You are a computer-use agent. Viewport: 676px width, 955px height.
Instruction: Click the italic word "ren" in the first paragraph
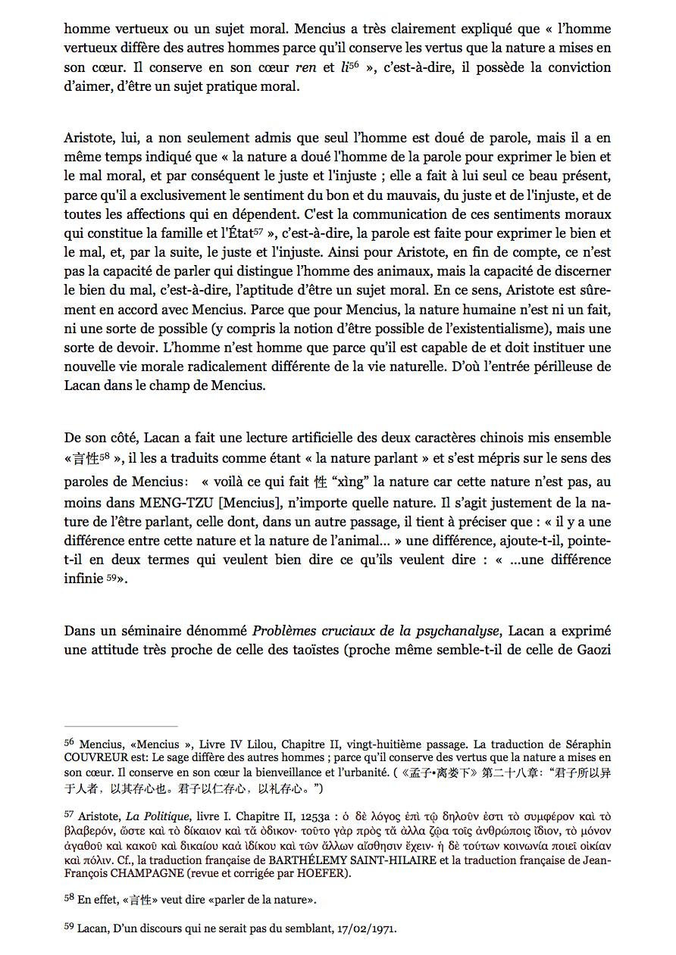(x=305, y=67)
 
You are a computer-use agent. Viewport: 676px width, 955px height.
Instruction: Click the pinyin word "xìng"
(x=349, y=482)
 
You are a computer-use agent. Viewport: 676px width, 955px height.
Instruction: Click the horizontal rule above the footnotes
(x=120, y=726)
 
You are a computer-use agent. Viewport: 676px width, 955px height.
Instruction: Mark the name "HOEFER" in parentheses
(x=328, y=873)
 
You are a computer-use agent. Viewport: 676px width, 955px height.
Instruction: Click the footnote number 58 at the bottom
(x=69, y=898)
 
